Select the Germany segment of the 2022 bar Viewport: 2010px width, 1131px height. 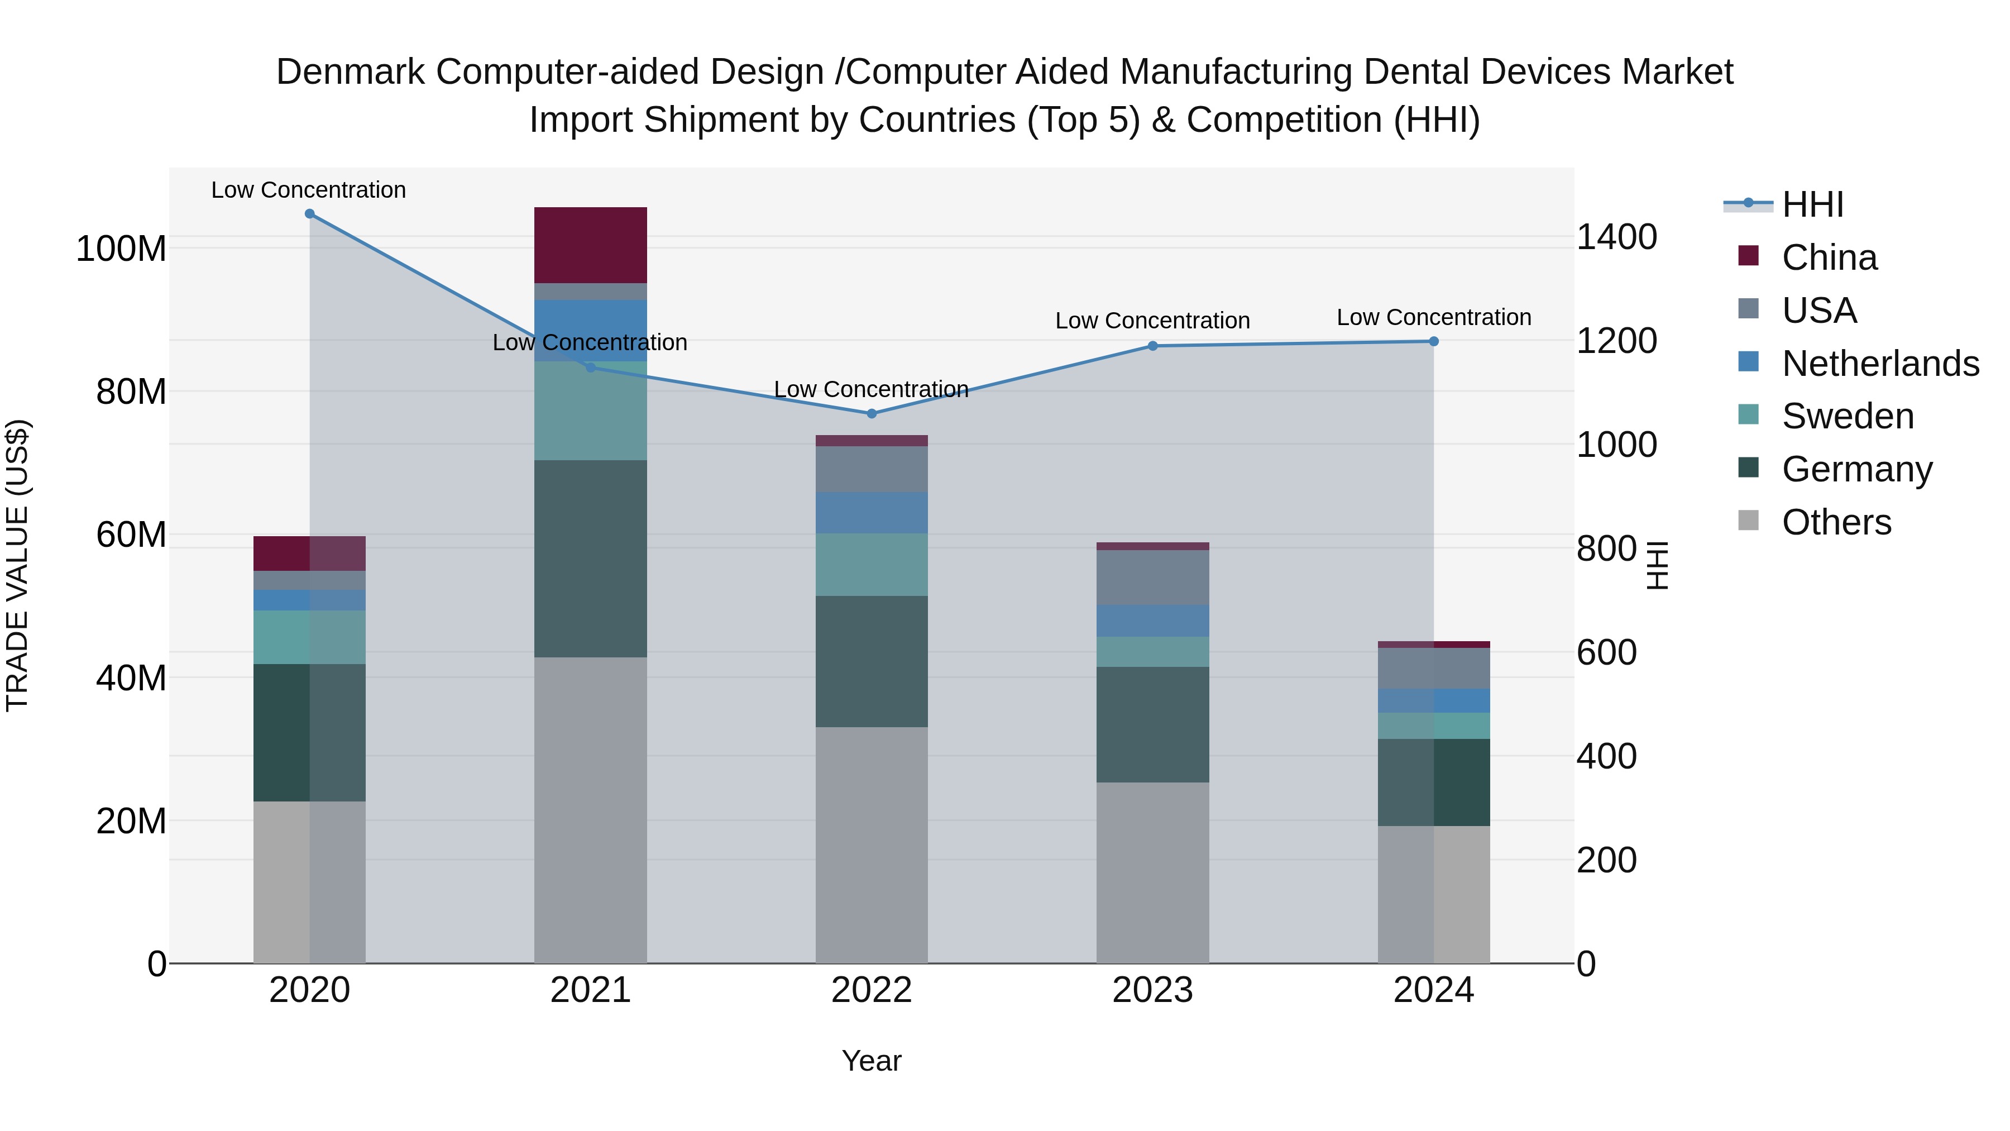871,661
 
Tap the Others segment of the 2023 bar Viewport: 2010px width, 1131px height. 1152,872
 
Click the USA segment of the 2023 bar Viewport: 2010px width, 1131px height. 1152,577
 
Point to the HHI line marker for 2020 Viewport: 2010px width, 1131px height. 310,214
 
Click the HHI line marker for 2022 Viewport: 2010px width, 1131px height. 872,414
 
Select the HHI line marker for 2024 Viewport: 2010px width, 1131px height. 1433,341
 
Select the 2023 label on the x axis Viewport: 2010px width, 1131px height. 1152,990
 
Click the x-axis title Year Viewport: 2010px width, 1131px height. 871,1061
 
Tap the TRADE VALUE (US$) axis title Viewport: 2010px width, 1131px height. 17,565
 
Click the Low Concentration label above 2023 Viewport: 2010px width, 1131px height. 1152,321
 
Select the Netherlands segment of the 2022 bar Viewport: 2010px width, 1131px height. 871,513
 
